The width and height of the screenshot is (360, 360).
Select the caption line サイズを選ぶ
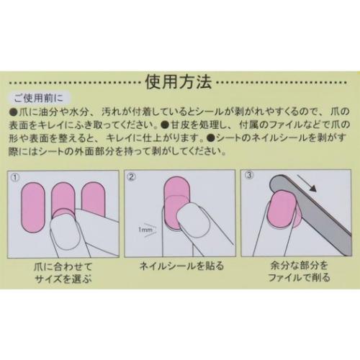click(63, 282)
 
